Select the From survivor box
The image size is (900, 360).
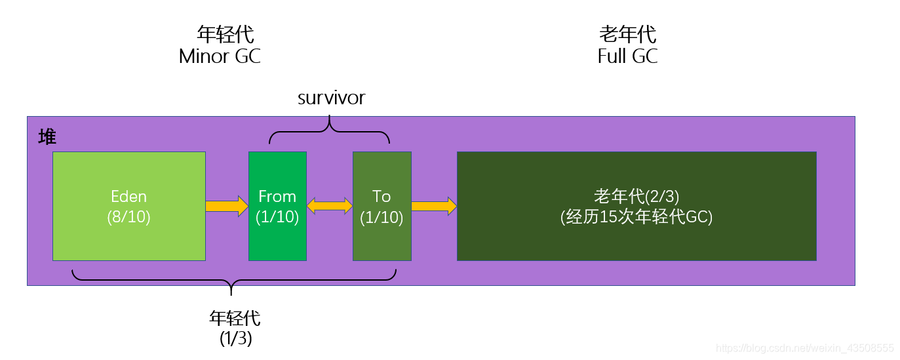point(277,236)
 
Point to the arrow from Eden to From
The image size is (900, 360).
point(227,206)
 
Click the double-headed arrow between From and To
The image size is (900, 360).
point(330,206)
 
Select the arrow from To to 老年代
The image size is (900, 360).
point(433,206)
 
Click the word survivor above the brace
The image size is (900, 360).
point(331,98)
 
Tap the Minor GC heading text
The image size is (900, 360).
point(220,56)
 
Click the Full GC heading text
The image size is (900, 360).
point(627,56)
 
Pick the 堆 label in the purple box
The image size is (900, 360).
point(47,137)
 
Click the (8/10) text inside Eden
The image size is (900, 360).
point(129,217)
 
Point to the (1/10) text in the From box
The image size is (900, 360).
point(277,217)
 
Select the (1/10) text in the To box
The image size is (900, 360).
point(382,217)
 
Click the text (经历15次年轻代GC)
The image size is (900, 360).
point(636,217)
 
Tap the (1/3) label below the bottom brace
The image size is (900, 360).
point(236,338)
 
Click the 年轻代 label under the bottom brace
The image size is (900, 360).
point(235,319)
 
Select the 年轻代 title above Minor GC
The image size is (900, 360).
point(225,34)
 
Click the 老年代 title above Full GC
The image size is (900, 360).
point(627,34)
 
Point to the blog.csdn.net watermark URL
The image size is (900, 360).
point(805,348)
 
